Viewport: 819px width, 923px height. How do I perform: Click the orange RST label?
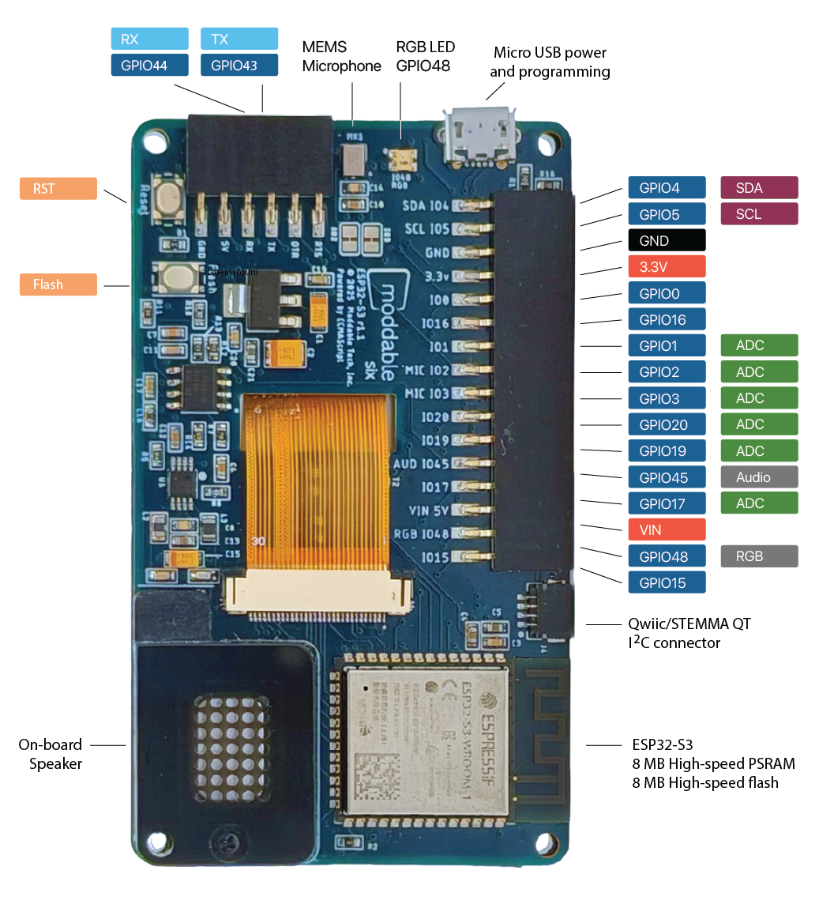(x=58, y=189)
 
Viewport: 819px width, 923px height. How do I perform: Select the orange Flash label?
(x=58, y=284)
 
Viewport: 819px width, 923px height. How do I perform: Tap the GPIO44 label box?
(x=150, y=66)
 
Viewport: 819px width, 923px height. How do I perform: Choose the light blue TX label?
(x=239, y=40)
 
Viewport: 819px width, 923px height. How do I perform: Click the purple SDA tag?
(x=759, y=188)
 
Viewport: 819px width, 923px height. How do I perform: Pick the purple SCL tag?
(x=759, y=214)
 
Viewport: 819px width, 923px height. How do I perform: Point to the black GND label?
(x=667, y=240)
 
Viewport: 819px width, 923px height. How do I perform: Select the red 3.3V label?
(x=667, y=267)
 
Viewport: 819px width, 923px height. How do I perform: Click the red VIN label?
(x=667, y=530)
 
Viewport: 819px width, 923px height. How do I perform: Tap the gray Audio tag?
(x=759, y=477)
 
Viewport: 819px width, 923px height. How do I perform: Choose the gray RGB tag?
(x=759, y=556)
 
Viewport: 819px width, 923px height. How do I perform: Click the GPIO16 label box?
(x=667, y=320)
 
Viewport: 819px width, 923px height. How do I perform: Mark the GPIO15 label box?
(x=667, y=583)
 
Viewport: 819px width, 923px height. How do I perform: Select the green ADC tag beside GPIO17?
(x=759, y=503)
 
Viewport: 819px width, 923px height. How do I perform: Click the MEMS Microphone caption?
(x=341, y=57)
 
